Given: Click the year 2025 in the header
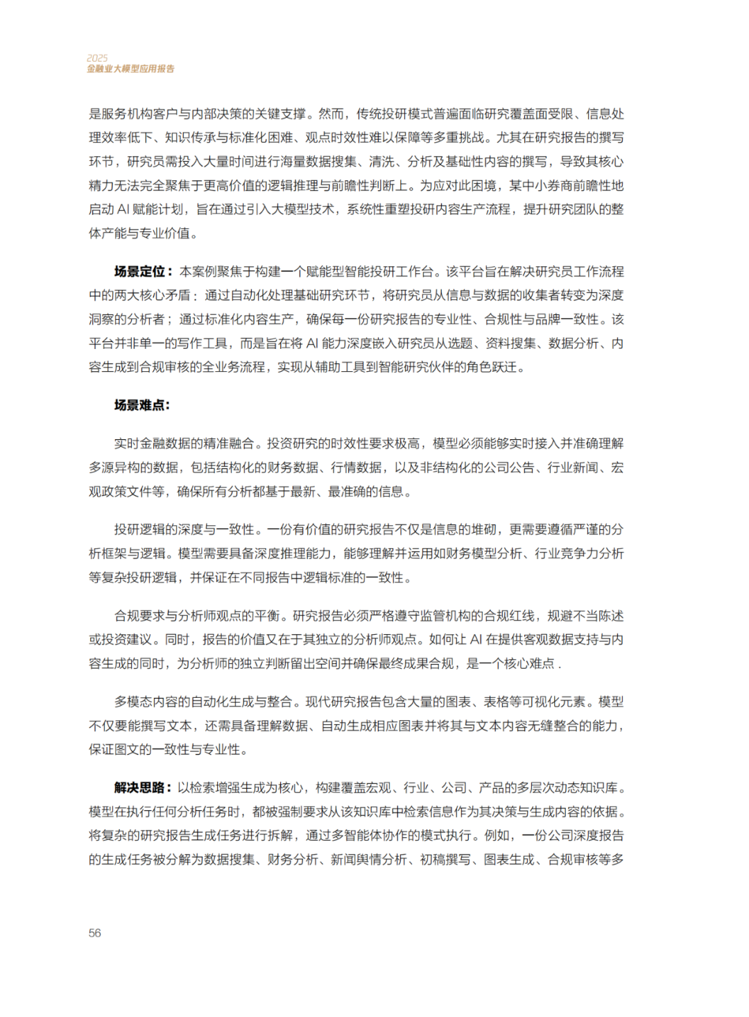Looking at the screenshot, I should pos(97,58).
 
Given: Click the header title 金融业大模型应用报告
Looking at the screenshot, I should pos(130,69).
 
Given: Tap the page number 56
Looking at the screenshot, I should pos(95,933).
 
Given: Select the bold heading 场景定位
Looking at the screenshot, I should pos(139,271).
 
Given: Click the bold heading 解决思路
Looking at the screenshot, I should pos(139,787).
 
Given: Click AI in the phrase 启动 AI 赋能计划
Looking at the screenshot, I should pos(123,210).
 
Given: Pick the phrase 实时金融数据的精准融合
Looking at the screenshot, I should pos(184,443).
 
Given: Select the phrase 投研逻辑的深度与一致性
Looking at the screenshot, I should pos(184,529).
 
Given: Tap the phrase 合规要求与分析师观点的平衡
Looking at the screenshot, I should pos(197,615).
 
